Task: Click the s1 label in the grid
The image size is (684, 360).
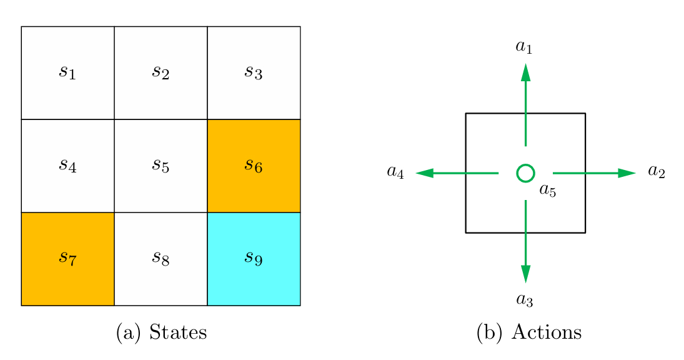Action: [x=67, y=72]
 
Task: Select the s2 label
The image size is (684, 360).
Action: [x=161, y=72]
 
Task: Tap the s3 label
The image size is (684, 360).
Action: [x=253, y=72]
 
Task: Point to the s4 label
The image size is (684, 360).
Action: [x=67, y=165]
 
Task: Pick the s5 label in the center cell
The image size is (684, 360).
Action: [x=161, y=165]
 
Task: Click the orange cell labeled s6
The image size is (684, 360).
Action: [x=254, y=166]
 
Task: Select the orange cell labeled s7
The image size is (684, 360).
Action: [x=67, y=259]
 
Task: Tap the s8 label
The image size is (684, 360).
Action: [x=161, y=258]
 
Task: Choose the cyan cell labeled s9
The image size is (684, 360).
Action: [x=254, y=259]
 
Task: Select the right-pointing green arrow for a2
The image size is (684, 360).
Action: [x=593, y=173]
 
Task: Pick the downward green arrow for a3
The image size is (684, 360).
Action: [x=525, y=241]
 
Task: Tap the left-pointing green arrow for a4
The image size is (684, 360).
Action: [x=457, y=173]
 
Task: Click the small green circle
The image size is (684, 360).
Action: [x=525, y=173]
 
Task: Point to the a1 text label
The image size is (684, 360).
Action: [x=524, y=47]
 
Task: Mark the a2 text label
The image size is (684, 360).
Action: [x=656, y=172]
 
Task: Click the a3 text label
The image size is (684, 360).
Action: [x=525, y=301]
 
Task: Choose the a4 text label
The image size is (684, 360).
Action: [x=395, y=172]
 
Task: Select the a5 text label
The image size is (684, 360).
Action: [x=547, y=191]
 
